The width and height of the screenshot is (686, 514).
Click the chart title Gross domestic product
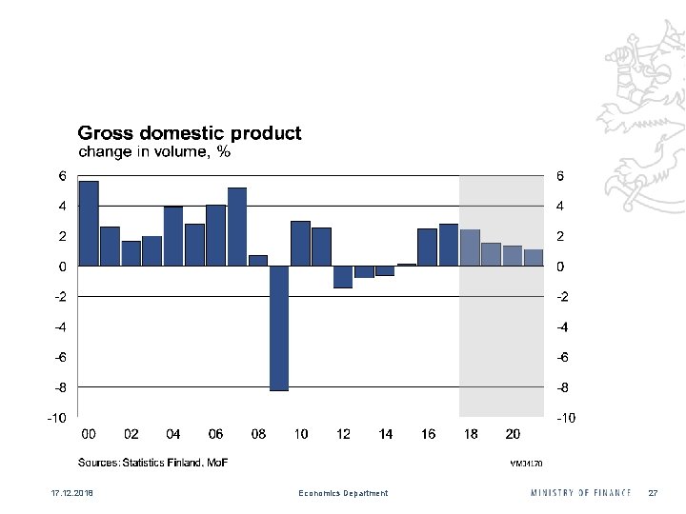pos(190,133)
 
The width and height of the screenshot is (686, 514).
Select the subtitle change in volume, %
pos(153,151)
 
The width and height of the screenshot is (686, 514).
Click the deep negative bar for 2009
pos(279,328)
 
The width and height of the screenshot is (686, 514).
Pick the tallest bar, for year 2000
pos(89,224)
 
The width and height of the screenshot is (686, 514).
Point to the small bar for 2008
pos(258,261)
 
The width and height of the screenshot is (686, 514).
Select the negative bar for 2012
pos(343,277)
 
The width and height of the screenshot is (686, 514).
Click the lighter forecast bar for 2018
pos(470,247)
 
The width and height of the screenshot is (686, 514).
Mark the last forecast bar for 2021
pos(534,258)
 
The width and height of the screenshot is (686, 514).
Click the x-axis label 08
pos(258,434)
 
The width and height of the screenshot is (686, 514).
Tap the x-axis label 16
pos(428,434)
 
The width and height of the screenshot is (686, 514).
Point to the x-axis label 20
pos(513,434)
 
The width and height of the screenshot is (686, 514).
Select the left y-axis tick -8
pos(59,387)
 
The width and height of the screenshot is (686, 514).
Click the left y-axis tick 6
pos(62,176)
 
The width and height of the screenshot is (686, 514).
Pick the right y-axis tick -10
pos(565,418)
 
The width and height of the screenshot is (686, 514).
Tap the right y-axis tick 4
pos(561,206)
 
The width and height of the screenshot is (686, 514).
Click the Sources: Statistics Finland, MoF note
pos(153,463)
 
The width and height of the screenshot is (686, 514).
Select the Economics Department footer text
pos(343,493)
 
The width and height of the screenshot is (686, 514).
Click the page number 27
pos(653,493)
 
